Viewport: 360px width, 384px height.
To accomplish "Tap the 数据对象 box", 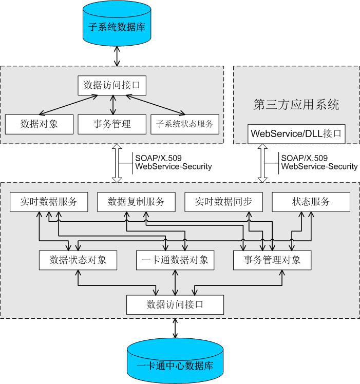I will (39, 124).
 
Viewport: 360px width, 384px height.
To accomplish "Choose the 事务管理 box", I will (112, 124).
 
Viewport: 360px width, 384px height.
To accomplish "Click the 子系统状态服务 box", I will (184, 124).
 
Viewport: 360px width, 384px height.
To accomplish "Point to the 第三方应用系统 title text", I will (296, 105).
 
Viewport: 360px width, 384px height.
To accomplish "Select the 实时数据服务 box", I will (49, 202).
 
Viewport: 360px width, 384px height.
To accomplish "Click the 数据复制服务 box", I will (136, 202).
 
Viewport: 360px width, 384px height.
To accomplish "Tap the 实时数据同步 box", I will (223, 202).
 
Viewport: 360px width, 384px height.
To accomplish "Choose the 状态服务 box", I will (311, 202).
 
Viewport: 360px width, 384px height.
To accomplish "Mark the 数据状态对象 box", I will (78, 260).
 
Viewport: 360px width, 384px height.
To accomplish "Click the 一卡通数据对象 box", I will (175, 260).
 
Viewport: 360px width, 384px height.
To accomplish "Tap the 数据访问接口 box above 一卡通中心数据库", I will (175, 304).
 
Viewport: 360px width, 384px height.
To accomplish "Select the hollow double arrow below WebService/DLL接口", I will (263, 163).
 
